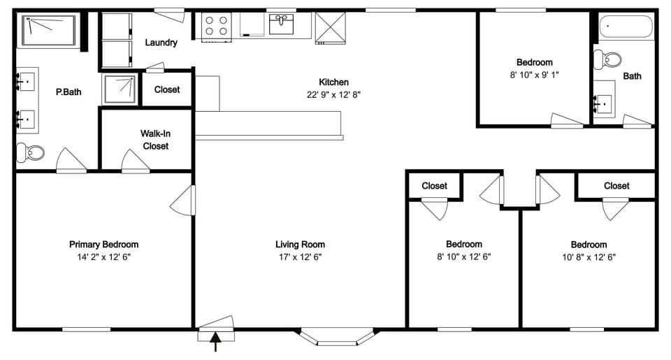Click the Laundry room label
click(x=161, y=43)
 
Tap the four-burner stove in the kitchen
click(x=217, y=26)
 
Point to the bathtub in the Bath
click(x=626, y=28)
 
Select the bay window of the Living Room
click(x=337, y=336)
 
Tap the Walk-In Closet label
click(x=155, y=140)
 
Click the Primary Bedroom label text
click(x=103, y=245)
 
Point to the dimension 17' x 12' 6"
click(x=300, y=257)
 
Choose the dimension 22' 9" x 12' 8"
click(x=333, y=94)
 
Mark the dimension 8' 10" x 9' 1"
click(x=535, y=75)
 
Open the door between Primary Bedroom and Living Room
click(x=184, y=202)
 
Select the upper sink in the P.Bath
click(x=27, y=82)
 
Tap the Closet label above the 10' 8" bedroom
click(x=616, y=186)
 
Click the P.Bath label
click(x=68, y=92)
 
